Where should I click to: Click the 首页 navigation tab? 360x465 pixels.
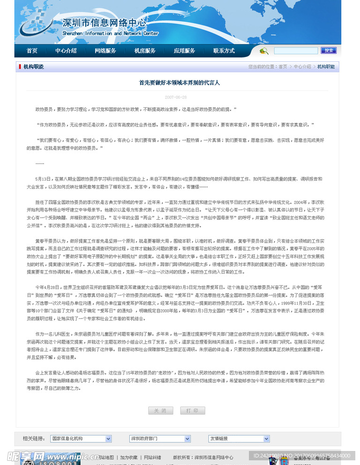32,51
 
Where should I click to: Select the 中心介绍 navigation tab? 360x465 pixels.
66,51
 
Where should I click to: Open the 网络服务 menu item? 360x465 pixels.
105,51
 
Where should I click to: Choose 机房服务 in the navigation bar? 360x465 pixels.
145,51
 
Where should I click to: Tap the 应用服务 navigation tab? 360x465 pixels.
184,51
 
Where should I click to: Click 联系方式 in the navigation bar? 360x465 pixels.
224,51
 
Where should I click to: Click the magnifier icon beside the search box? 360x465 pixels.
264,51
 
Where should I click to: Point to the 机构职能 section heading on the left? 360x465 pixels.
33,67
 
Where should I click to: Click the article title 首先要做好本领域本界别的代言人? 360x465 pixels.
179,83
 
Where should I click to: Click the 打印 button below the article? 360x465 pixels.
192,411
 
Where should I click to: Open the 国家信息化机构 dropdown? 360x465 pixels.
81,439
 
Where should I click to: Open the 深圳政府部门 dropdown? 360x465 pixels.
160,439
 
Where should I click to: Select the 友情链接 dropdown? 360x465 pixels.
239,439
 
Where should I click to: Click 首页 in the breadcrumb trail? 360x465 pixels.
283,67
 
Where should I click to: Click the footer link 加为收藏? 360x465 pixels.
129,458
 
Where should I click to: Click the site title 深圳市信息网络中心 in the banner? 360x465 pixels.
105,23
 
